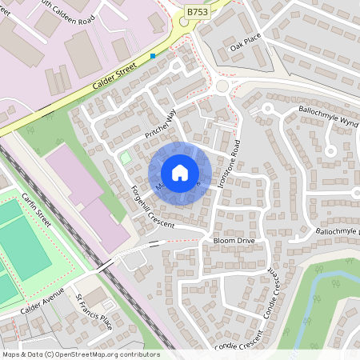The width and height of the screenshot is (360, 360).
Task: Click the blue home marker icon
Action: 179,173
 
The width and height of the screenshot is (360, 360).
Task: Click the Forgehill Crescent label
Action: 151,207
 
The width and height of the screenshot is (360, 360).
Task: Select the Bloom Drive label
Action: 233,240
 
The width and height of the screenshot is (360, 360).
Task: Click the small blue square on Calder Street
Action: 153,56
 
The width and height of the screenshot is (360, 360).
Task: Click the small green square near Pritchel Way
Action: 126,158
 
